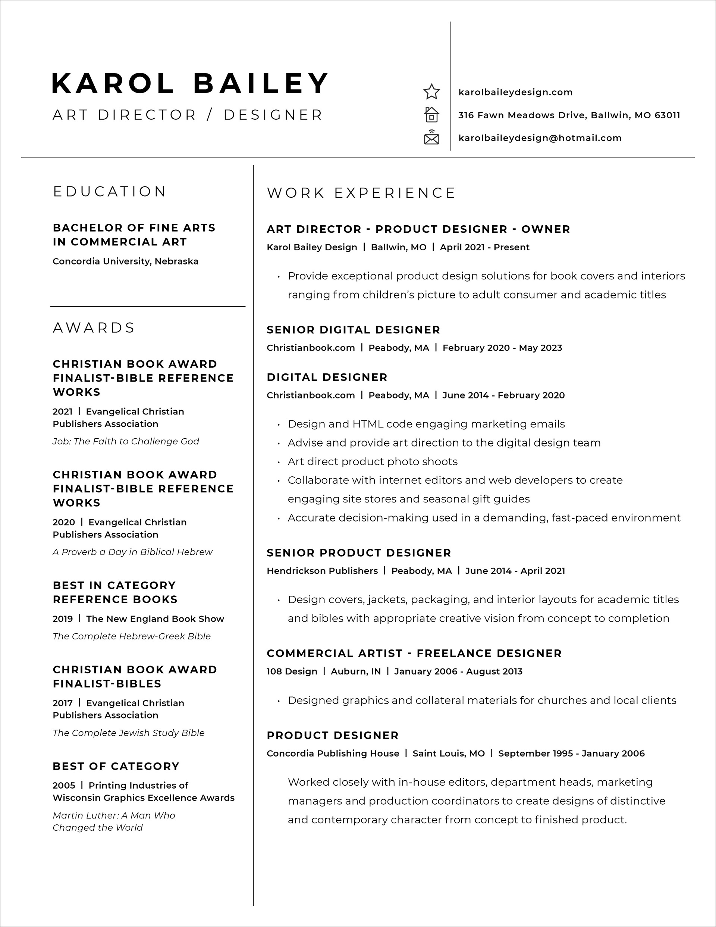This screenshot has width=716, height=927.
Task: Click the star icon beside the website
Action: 431,92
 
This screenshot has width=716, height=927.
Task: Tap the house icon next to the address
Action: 431,115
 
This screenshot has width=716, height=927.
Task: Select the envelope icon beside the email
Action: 431,138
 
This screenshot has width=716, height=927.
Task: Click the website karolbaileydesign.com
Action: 515,92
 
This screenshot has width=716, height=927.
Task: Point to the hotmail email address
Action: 540,138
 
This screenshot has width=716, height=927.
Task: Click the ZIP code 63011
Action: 667,115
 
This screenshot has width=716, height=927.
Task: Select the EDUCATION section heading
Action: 110,191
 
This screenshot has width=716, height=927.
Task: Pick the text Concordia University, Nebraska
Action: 125,261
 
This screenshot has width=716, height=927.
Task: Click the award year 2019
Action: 63,619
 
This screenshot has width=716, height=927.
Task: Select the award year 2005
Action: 64,785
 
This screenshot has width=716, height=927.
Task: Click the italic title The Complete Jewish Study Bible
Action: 128,733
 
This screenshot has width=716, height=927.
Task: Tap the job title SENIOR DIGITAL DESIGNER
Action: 353,330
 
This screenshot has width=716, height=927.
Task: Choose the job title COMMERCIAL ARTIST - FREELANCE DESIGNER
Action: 414,653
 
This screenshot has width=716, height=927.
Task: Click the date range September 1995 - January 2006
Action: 571,754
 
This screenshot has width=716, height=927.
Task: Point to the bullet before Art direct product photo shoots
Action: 279,462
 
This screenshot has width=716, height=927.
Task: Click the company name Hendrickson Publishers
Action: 322,571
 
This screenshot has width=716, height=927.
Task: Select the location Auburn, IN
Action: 356,671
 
